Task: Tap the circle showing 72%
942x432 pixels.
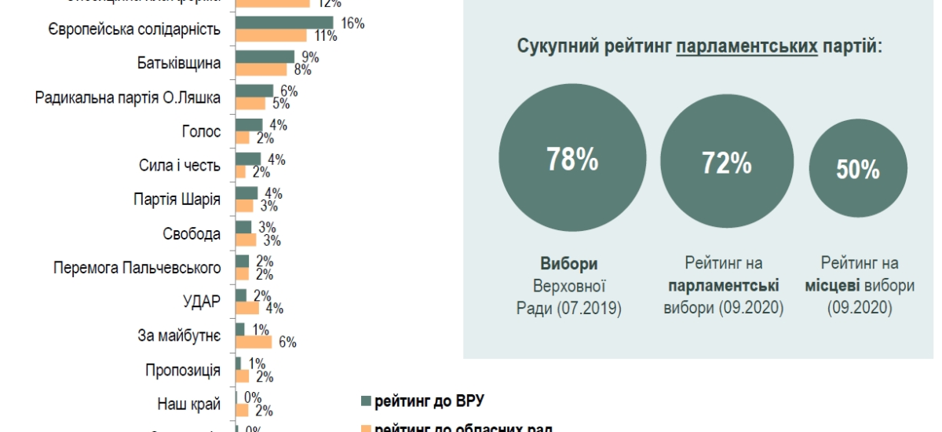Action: [x=726, y=164]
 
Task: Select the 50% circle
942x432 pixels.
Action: [x=857, y=169]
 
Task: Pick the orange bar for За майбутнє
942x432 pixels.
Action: [x=254, y=342]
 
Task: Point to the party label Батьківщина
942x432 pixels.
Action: [x=178, y=63]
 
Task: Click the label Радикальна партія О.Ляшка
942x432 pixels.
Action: [x=128, y=97]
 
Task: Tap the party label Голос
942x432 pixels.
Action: [x=201, y=131]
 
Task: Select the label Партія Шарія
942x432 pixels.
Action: [x=177, y=199]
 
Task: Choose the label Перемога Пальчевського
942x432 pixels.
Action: [x=137, y=268]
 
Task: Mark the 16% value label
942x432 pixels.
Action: [x=353, y=23]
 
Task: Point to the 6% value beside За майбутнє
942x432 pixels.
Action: [x=287, y=342]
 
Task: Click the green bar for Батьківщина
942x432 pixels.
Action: [x=265, y=57]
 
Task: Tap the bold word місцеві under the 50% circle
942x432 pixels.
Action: [x=834, y=286]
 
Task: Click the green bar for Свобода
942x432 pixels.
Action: [x=243, y=226]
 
